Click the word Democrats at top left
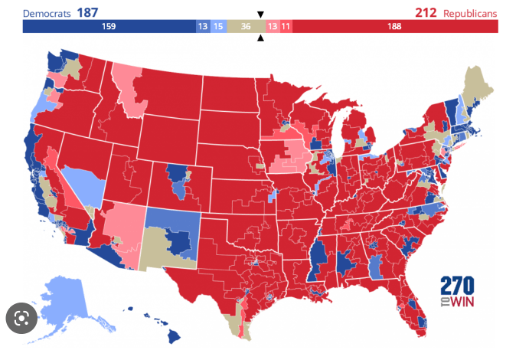pos(47,12)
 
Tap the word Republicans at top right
pos(469,12)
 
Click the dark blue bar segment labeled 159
pos(109,27)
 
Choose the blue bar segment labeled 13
pos(202,27)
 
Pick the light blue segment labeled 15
pos(218,27)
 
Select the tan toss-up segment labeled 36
pos(246,27)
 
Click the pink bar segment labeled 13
pos(273,27)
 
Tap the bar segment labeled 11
pos(286,27)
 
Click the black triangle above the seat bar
pos(260,15)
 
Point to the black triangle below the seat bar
pos(260,38)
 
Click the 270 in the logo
pos(457,286)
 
